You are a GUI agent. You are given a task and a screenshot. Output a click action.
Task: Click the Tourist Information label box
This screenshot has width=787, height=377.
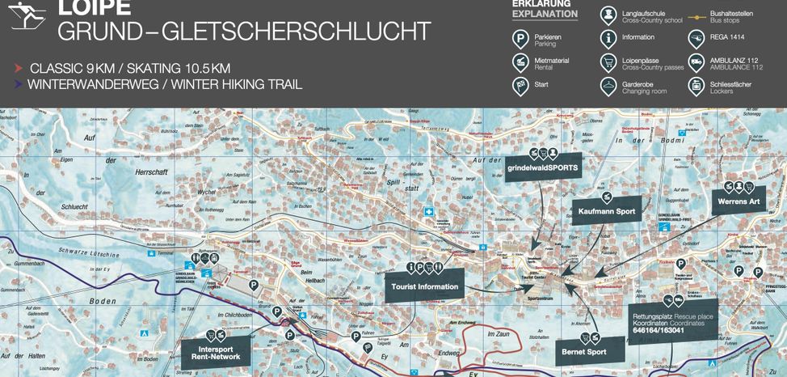coord(424,286)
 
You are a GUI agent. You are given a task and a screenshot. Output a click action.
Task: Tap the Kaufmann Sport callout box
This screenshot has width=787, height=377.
coord(606,211)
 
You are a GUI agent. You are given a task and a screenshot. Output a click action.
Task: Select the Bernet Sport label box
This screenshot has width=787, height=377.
coord(584,352)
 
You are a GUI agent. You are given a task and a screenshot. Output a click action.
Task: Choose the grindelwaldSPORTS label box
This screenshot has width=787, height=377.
coord(543,167)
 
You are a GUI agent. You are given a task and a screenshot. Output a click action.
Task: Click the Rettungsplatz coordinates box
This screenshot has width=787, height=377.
coord(672,321)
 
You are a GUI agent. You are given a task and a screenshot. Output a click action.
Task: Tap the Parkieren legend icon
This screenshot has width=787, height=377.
coord(521,39)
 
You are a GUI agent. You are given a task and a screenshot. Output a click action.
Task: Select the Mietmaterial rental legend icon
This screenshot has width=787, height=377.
coord(521,62)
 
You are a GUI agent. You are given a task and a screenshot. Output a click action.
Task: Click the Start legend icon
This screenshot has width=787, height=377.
coord(521,86)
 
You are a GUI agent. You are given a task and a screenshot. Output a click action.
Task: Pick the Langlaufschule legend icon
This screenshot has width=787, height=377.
coord(608,15)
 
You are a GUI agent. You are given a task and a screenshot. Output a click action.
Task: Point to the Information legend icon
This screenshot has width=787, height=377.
coord(608,38)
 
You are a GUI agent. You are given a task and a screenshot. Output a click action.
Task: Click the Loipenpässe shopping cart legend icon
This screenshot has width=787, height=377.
coord(608,62)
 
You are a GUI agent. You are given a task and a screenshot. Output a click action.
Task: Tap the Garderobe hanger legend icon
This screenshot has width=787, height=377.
coord(608,86)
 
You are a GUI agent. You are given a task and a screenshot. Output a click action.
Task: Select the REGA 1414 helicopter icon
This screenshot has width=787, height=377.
coord(696,38)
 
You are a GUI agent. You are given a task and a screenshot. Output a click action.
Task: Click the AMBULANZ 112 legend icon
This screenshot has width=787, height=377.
coord(696,62)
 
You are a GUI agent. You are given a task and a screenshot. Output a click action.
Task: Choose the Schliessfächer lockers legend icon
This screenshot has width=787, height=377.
coord(696,86)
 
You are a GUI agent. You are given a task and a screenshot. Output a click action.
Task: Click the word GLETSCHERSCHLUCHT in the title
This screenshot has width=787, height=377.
coord(296,32)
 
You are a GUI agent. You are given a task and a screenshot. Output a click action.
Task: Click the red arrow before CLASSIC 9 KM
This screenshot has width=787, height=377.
coord(18,69)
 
